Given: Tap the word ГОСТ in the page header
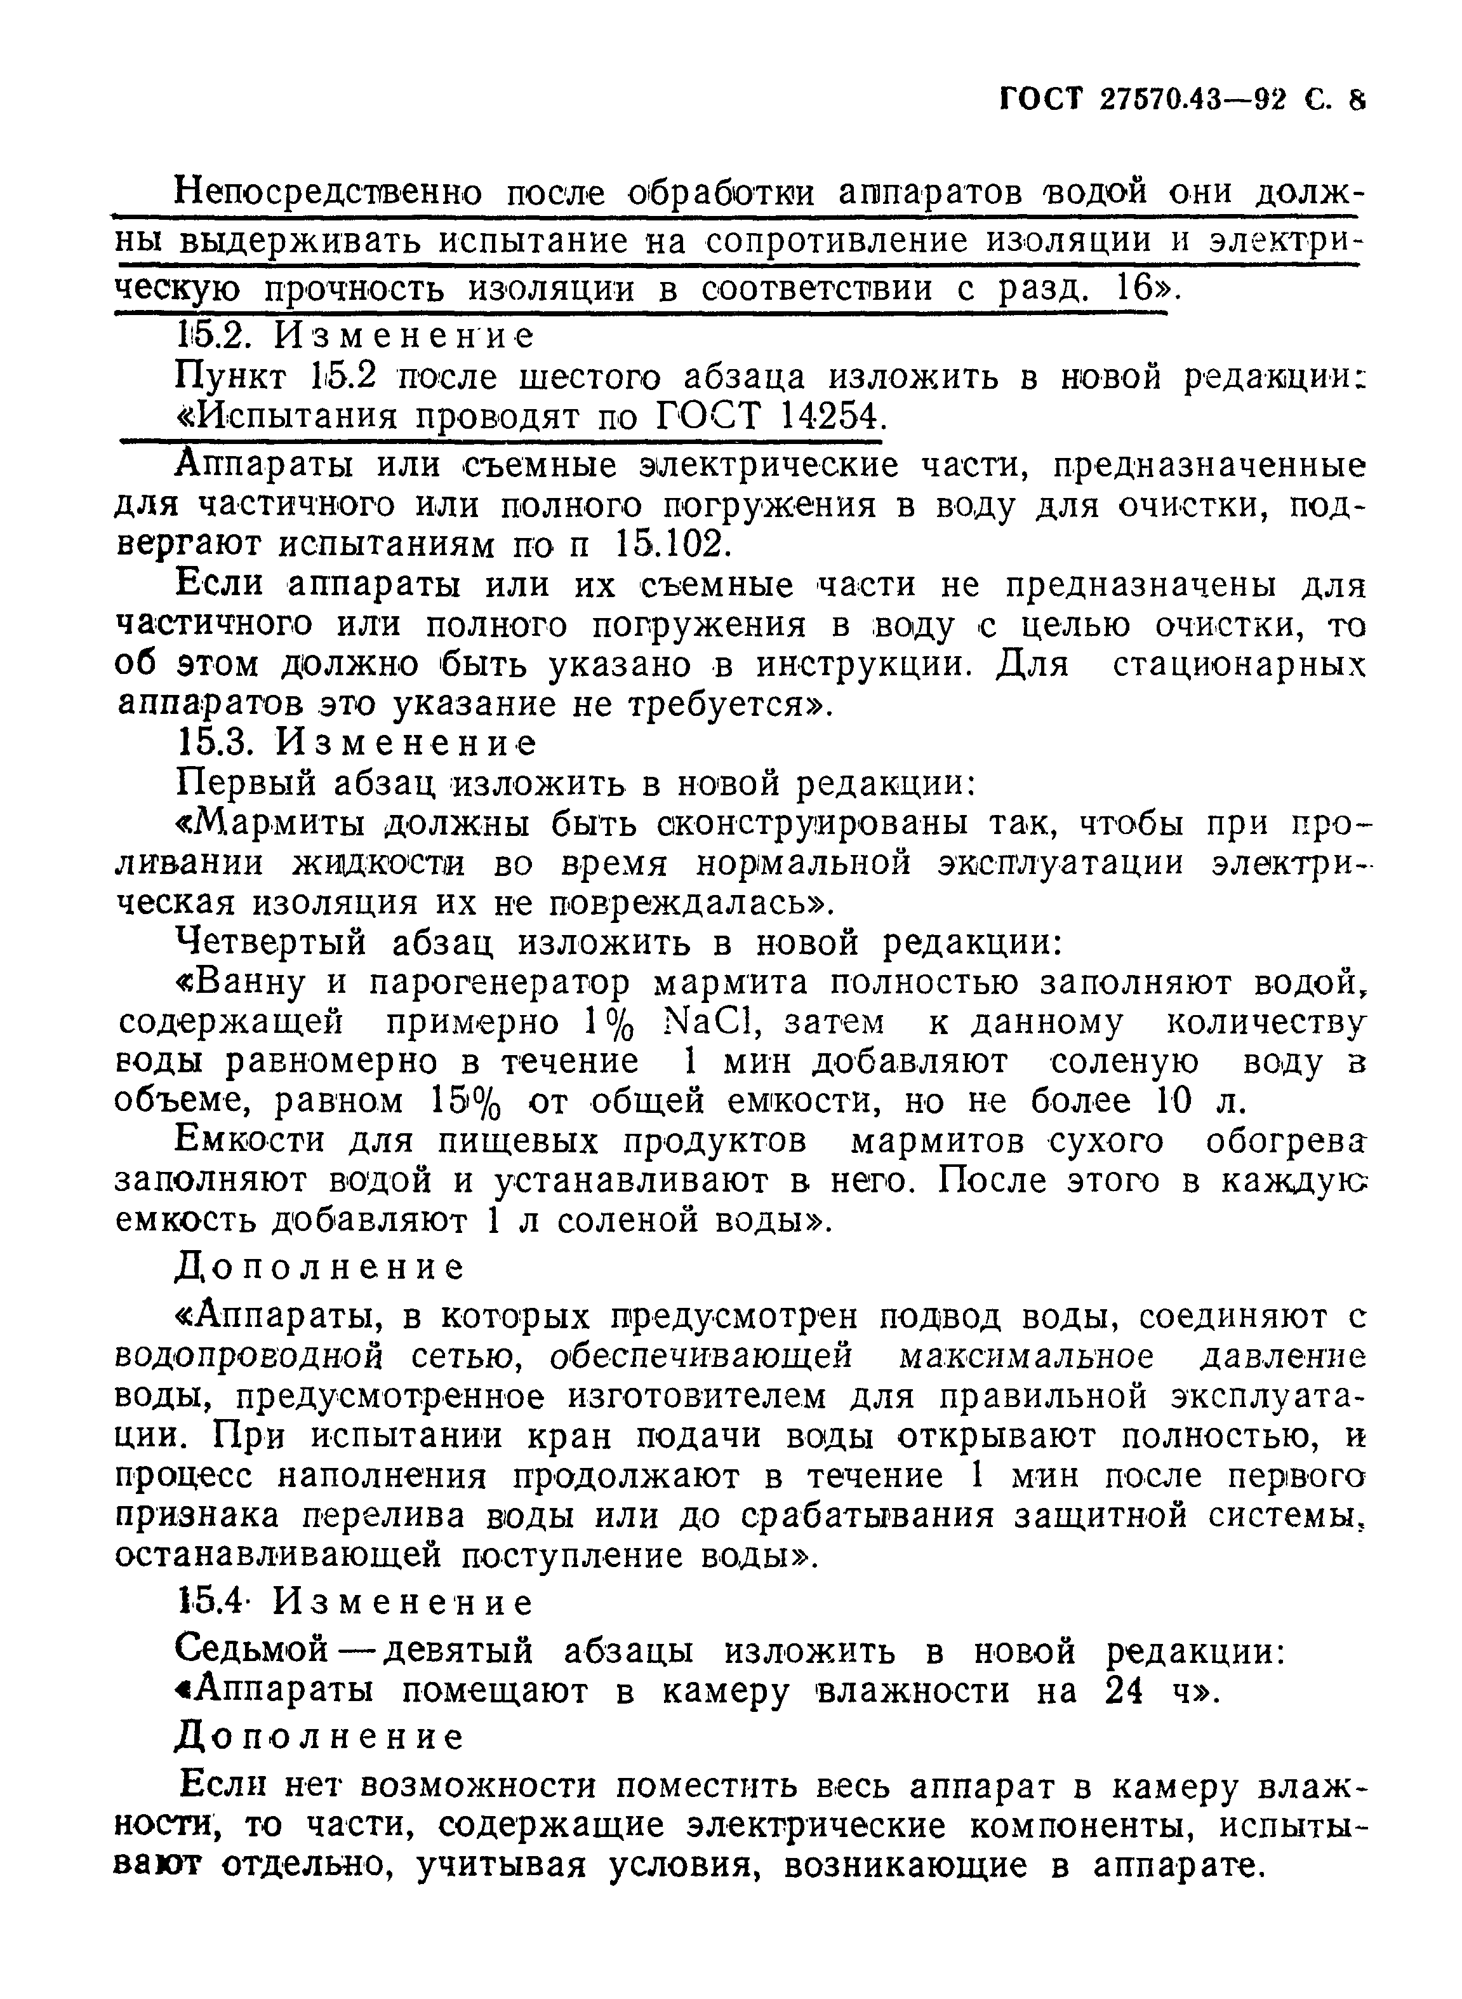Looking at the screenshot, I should click(x=1042, y=100).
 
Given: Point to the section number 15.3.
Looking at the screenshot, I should click(x=217, y=742).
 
